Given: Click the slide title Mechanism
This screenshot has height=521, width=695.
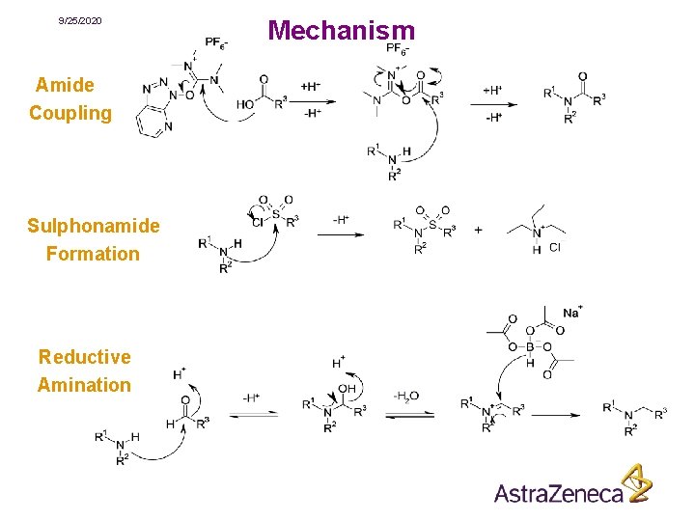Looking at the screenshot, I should pyautogui.click(x=342, y=31).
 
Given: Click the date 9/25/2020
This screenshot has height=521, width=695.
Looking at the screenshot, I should pyautogui.click(x=79, y=20).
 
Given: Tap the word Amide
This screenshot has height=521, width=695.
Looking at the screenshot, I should pyautogui.click(x=65, y=85).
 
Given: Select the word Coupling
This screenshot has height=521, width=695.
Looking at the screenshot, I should pyautogui.click(x=70, y=113).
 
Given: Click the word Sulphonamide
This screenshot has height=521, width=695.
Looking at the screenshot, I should pyautogui.click(x=94, y=226).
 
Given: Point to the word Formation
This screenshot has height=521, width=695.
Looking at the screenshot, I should pyautogui.click(x=93, y=254).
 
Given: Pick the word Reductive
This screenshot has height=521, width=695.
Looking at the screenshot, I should pyautogui.click(x=85, y=357).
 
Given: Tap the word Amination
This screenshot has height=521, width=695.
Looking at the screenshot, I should pyautogui.click(x=84, y=385).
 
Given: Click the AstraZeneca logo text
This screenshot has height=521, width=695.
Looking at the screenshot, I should pyautogui.click(x=559, y=493).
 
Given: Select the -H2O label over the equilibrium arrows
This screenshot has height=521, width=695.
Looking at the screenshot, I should pyautogui.click(x=405, y=396).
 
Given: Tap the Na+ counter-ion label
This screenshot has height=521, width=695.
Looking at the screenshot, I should pyautogui.click(x=571, y=313).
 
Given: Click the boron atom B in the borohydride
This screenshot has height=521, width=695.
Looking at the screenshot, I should pyautogui.click(x=530, y=348).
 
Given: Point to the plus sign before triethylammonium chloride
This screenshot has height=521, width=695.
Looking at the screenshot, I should pyautogui.click(x=479, y=231).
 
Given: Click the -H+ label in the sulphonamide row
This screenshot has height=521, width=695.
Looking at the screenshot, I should pyautogui.click(x=342, y=219).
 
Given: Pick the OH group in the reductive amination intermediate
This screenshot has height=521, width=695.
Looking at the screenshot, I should pyautogui.click(x=347, y=389).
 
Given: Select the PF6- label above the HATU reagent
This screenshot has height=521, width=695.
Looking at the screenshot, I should pyautogui.click(x=217, y=42).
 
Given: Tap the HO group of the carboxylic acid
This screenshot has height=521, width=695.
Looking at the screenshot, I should pyautogui.click(x=246, y=103).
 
